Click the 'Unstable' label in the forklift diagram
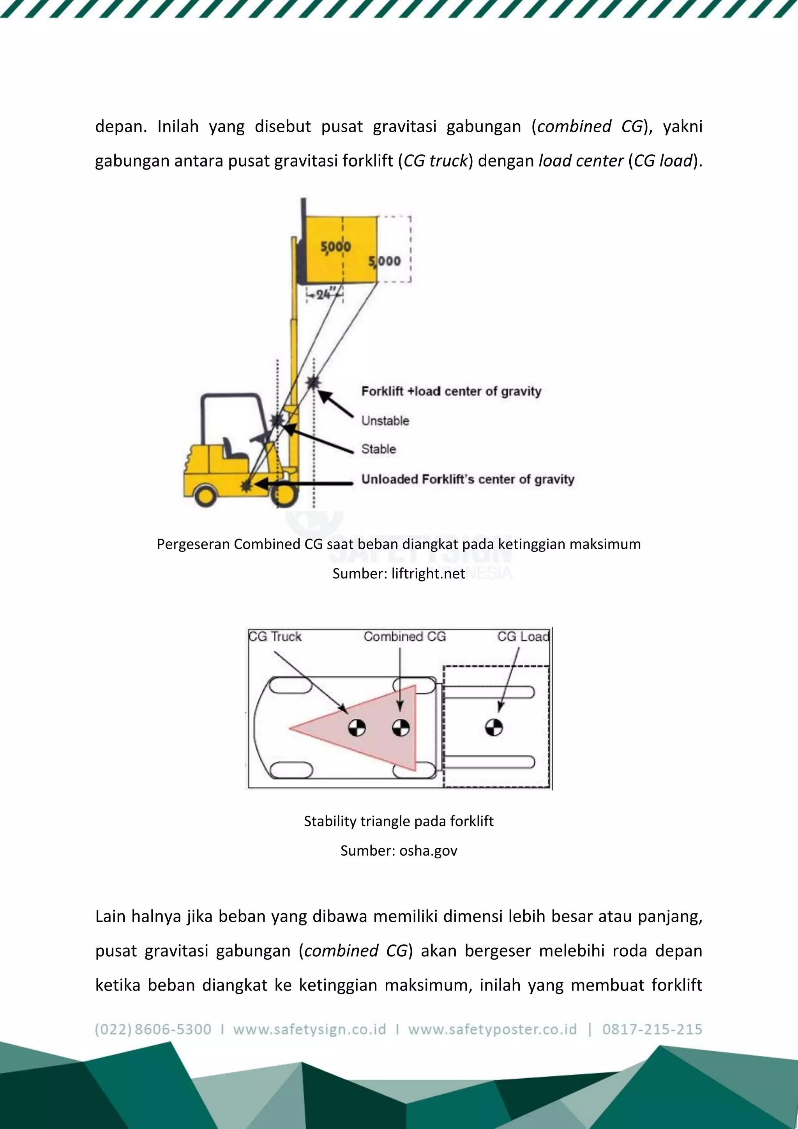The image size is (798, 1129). pyautogui.click(x=385, y=421)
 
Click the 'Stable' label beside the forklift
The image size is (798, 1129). pyautogui.click(x=378, y=449)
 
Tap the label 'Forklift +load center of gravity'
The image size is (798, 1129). pyautogui.click(x=451, y=392)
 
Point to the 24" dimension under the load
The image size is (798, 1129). pyautogui.click(x=324, y=294)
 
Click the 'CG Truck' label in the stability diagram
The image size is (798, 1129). pyautogui.click(x=275, y=637)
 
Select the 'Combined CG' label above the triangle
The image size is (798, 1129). pyautogui.click(x=404, y=637)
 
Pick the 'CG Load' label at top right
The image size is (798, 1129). pyautogui.click(x=523, y=637)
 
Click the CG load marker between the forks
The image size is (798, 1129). pyautogui.click(x=494, y=727)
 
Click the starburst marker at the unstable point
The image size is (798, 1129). pyautogui.click(x=313, y=382)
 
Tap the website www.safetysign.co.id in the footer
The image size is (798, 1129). pyautogui.click(x=309, y=1029)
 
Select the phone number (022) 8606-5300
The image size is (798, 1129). pyautogui.click(x=153, y=1029)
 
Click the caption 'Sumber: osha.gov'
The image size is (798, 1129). pyautogui.click(x=399, y=851)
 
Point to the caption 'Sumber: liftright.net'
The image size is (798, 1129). pyautogui.click(x=399, y=573)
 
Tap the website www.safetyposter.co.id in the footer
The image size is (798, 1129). pyautogui.click(x=493, y=1029)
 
